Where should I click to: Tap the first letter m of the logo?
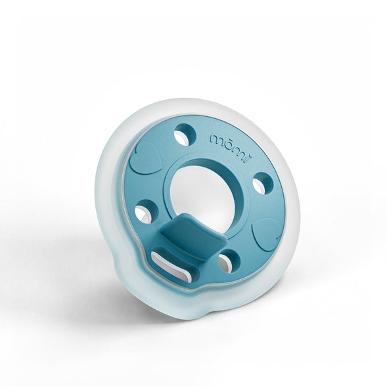[x=216, y=139]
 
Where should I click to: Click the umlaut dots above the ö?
[x=225, y=134]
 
